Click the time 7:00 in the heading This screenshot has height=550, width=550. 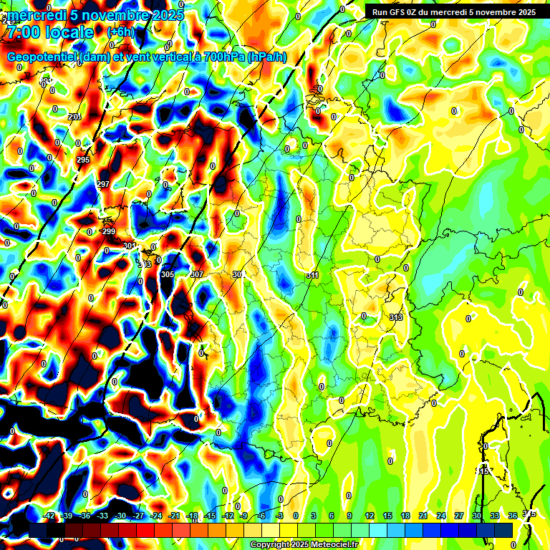pyautogui.click(x=24, y=32)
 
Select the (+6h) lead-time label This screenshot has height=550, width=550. pyautogui.click(x=120, y=32)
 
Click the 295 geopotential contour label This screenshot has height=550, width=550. pyautogui.click(x=83, y=160)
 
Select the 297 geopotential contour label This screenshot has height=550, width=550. pyautogui.click(x=103, y=184)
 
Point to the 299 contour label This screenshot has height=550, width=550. pyautogui.click(x=109, y=231)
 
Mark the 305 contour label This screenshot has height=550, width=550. pyautogui.click(x=168, y=274)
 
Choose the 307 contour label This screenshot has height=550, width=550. pyautogui.click(x=198, y=274)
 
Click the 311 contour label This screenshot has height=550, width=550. pyautogui.click(x=312, y=275)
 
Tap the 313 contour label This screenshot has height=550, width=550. pyautogui.click(x=396, y=317)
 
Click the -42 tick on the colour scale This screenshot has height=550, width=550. pyautogui.click(x=49, y=516)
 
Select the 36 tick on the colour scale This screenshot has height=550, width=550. pyautogui.click(x=513, y=516)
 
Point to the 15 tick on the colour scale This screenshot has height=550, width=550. pyautogui.click(x=387, y=516)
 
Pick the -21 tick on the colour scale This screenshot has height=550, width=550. pyautogui.click(x=174, y=516)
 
